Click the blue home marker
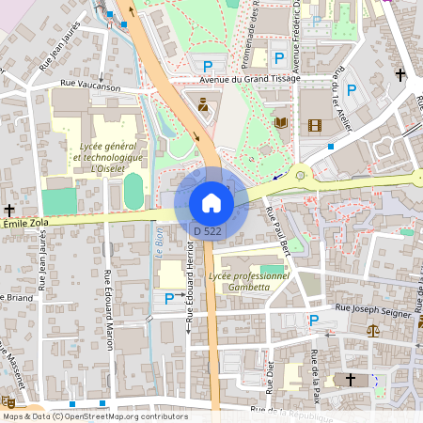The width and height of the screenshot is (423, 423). point(211,202)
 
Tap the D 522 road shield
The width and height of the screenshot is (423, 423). point(207,230)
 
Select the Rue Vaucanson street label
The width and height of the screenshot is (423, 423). point(91,85)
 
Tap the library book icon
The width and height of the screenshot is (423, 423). point(280,122)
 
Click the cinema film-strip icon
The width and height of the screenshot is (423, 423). point(313,125)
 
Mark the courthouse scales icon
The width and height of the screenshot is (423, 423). point(374,331)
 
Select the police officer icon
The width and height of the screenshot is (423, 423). point(203,103)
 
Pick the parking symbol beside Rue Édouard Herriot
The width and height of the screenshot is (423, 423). point(169,298)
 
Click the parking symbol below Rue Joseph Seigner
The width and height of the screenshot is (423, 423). point(314,321)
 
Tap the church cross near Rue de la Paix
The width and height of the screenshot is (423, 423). point(351,380)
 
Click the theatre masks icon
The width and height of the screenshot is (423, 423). point(8,401)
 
